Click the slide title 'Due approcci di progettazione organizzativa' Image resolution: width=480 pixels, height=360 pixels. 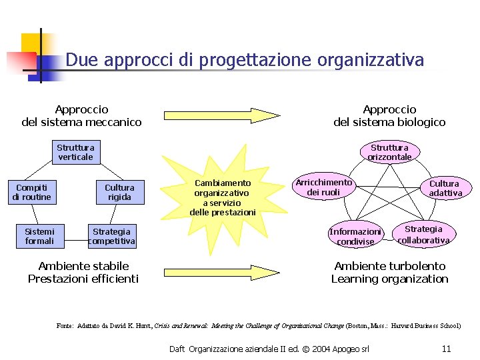point(244,60)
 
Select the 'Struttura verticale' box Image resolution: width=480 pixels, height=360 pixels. point(75,152)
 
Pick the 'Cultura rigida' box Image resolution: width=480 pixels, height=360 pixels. point(119,192)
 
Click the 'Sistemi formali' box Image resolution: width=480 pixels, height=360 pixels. point(39,236)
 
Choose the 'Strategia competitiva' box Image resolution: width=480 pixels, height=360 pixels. point(112,236)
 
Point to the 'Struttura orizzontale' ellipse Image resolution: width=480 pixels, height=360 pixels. point(389,152)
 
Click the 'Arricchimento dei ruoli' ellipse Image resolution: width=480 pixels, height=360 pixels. point(323,187)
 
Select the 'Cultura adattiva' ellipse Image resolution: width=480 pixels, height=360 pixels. point(444,188)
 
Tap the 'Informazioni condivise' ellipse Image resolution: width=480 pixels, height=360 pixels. point(355,237)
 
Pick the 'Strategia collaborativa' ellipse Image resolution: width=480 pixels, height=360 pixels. point(423,234)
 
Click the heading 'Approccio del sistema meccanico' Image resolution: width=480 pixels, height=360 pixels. point(81,115)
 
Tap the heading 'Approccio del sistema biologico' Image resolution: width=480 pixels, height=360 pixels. point(389,115)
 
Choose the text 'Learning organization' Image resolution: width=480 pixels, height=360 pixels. point(389,279)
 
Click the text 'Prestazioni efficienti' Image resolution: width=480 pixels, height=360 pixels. point(83,279)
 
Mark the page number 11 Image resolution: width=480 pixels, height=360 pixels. point(446,349)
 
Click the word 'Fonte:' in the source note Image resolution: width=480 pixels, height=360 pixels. point(65,326)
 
